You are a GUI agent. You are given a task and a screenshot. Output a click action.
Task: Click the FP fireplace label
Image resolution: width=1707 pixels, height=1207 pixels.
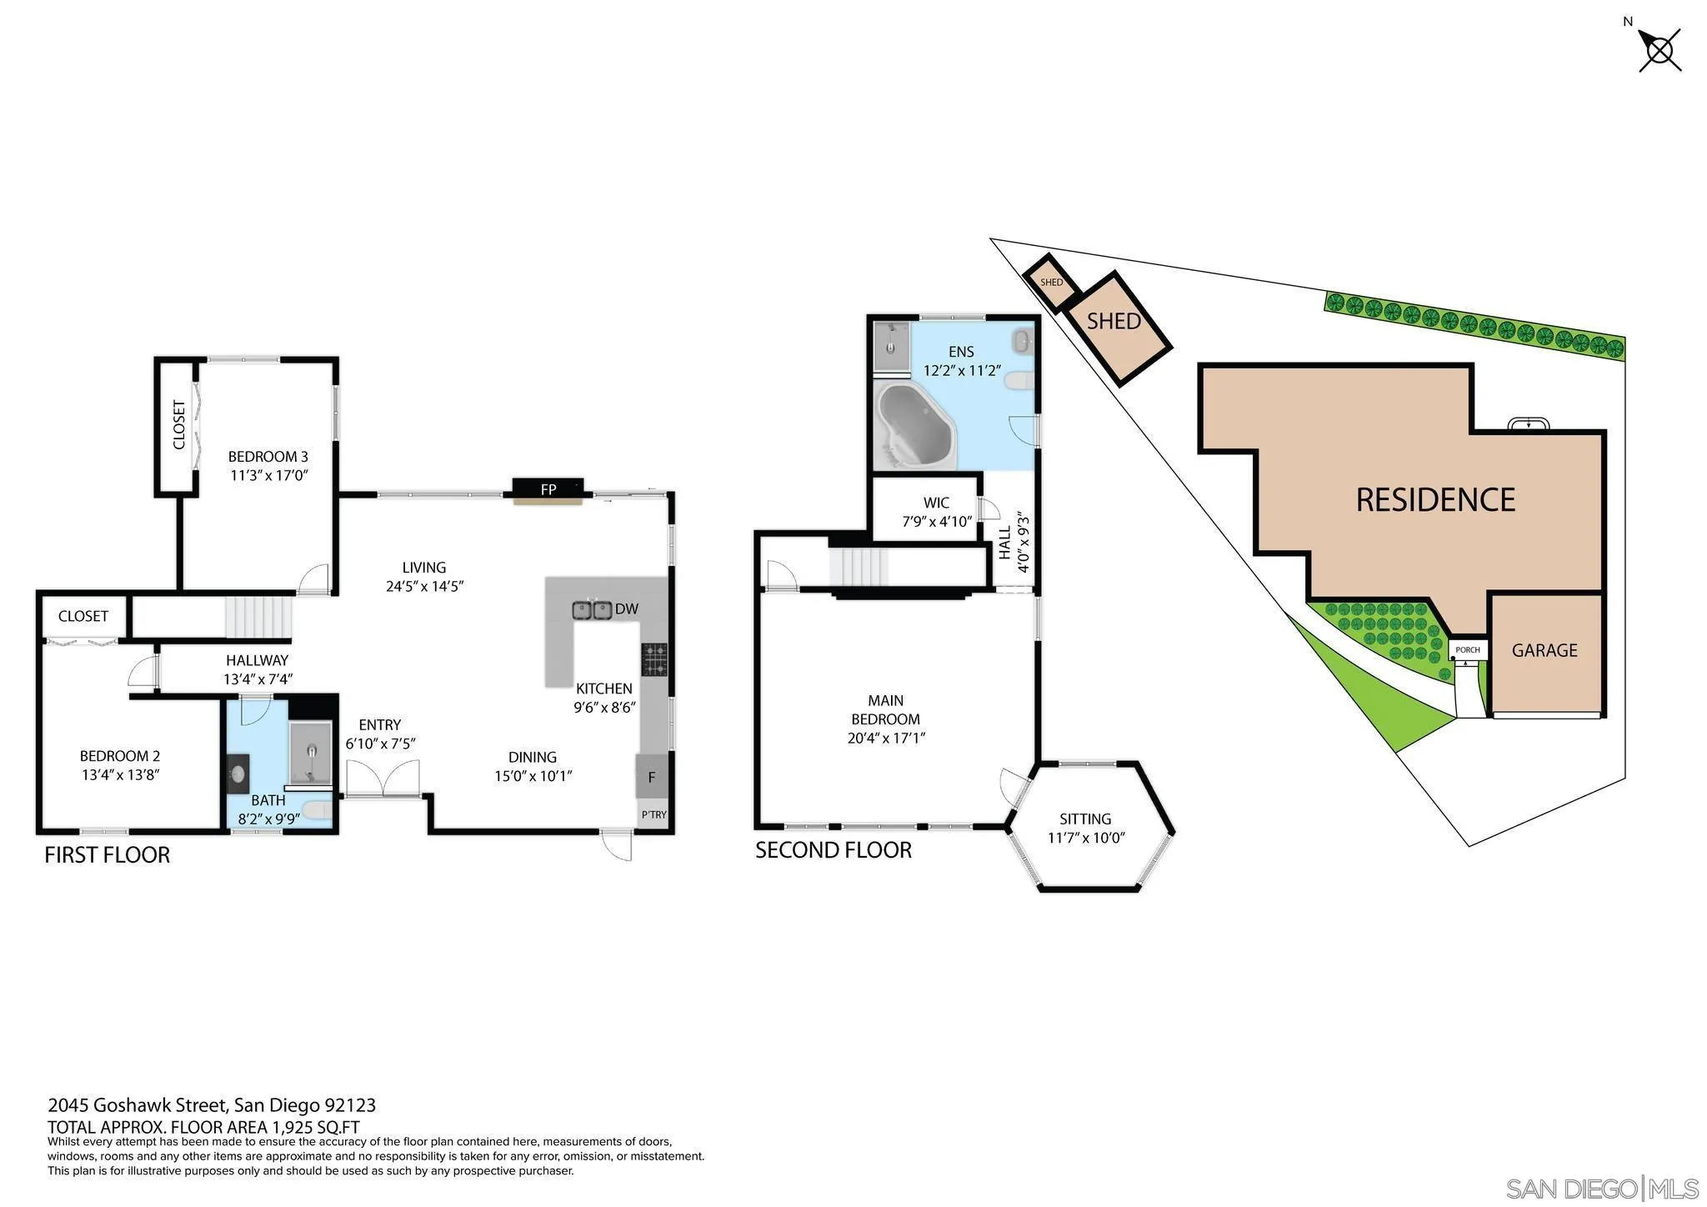click(548, 489)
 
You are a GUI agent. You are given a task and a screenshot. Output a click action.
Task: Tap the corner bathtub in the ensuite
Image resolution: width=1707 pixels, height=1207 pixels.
click(915, 426)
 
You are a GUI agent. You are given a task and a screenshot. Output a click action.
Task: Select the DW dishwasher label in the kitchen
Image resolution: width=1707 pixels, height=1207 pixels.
click(626, 609)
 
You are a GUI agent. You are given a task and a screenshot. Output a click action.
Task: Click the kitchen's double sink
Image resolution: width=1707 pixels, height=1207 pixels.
click(592, 610)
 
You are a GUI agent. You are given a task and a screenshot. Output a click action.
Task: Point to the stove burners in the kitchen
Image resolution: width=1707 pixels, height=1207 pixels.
click(654, 659)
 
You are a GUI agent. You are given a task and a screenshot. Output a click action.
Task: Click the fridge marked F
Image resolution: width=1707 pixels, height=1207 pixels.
click(652, 777)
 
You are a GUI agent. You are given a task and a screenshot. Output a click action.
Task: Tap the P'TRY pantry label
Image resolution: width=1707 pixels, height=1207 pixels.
click(653, 814)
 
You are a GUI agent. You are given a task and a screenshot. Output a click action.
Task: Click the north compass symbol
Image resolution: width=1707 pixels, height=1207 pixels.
click(1659, 50)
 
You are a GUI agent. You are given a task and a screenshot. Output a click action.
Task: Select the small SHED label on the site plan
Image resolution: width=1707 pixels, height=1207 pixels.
click(1051, 283)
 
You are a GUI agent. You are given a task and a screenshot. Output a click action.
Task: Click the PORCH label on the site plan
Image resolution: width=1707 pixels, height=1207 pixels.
click(1467, 650)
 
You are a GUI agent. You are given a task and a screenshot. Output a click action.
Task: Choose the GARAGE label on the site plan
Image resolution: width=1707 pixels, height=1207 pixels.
click(1544, 650)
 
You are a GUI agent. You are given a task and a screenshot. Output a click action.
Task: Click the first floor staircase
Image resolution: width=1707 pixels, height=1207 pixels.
click(259, 617)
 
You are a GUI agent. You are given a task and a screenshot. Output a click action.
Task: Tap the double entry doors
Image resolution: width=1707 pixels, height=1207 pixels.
click(383, 779)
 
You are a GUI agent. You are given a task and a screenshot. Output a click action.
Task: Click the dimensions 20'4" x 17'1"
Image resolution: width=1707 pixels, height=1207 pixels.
click(886, 738)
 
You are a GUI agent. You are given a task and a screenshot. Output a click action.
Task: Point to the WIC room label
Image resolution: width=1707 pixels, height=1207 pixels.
click(936, 503)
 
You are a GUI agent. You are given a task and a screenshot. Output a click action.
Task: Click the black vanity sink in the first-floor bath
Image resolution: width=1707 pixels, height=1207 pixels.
click(238, 774)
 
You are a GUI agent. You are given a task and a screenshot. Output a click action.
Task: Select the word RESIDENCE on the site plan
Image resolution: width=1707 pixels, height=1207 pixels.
click(1435, 500)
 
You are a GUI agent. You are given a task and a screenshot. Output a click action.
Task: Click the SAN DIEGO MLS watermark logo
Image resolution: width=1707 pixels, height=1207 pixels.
click(1601, 1188)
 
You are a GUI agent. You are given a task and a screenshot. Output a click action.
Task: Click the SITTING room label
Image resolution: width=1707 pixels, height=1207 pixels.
click(1085, 819)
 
